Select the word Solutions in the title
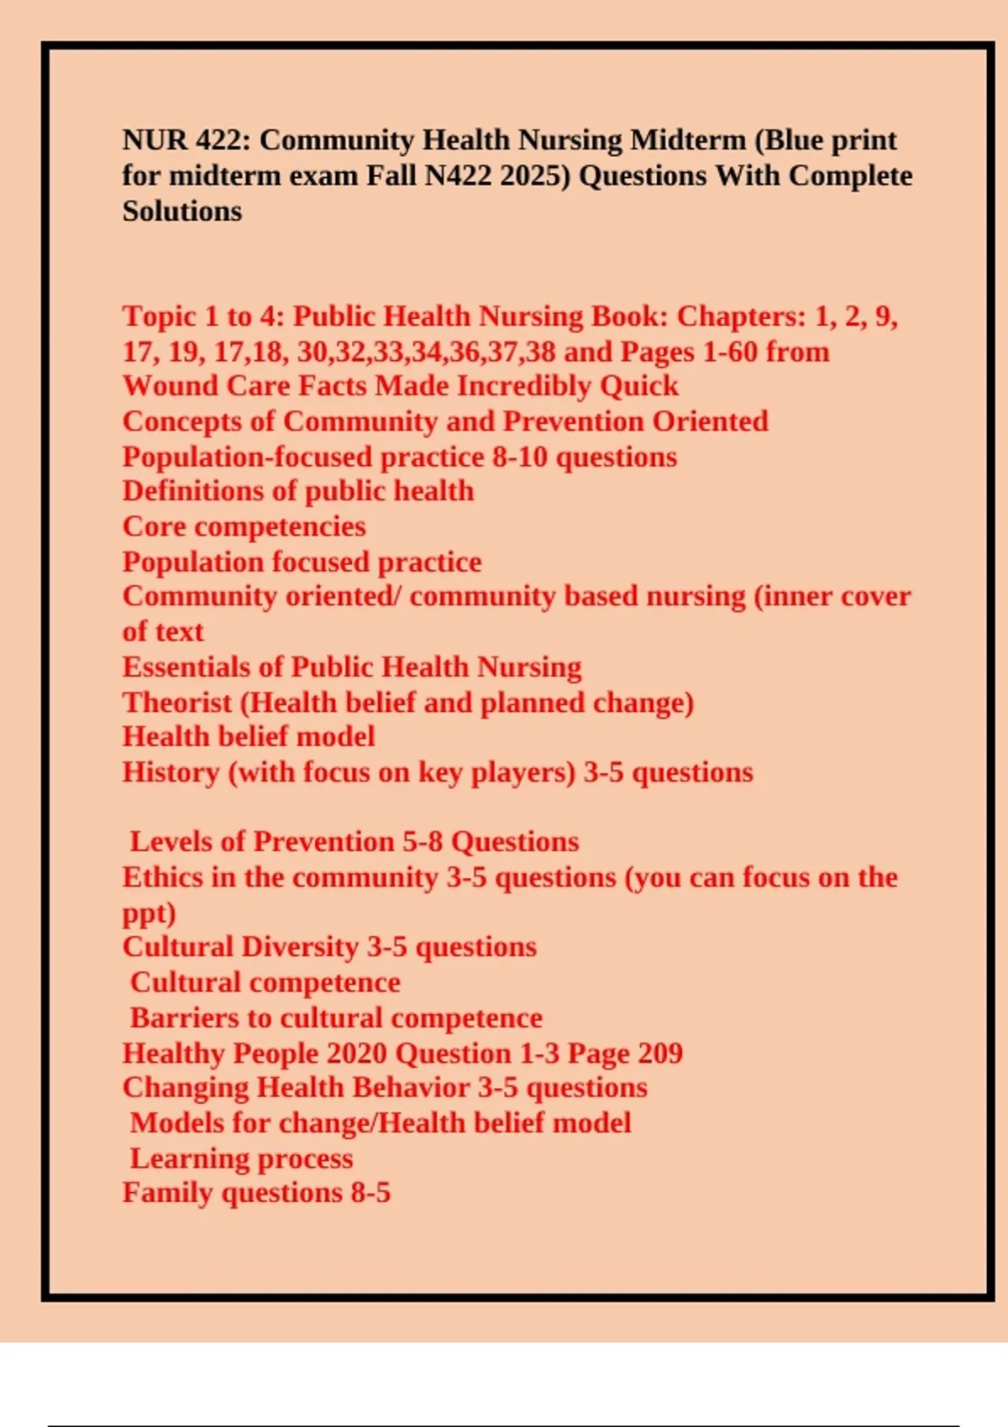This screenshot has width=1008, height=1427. (182, 211)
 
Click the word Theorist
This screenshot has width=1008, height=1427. (176, 702)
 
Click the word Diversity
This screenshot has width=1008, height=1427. (300, 947)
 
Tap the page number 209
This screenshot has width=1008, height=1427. (659, 1053)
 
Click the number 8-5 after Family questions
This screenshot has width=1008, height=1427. (370, 1193)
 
